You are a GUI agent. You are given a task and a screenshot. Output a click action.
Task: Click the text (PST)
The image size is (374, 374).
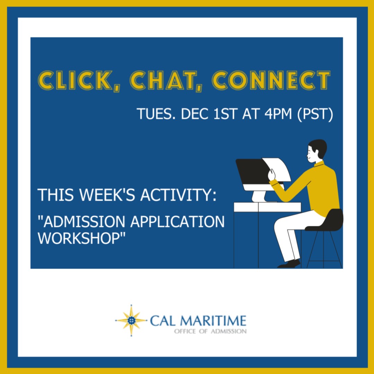(315, 114)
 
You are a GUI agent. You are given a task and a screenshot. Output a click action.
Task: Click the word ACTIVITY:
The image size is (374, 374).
(178, 195)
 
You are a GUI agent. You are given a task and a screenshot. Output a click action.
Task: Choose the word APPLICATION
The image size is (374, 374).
(177, 221)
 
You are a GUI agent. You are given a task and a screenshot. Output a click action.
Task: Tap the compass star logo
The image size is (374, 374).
(131, 320)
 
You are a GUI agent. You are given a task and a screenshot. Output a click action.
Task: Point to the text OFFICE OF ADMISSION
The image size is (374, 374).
(210, 331)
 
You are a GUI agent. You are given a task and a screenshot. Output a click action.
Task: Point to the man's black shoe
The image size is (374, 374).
(289, 264)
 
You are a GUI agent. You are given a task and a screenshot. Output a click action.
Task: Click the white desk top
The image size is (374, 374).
(267, 207)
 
